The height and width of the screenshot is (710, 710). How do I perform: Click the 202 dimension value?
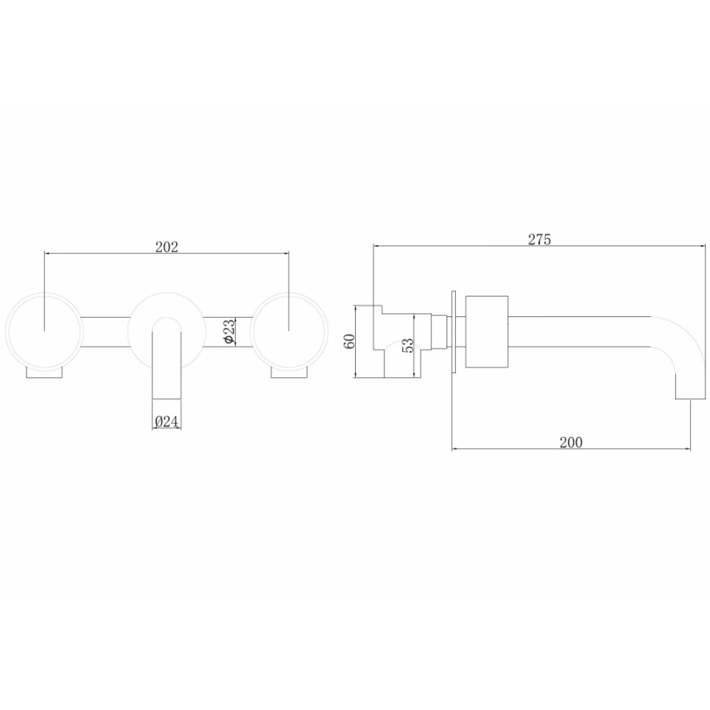(x=166, y=247)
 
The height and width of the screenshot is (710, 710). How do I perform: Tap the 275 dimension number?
(x=540, y=239)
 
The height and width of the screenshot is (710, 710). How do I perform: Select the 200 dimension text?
(x=571, y=442)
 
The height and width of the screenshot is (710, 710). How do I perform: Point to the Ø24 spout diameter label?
(x=166, y=421)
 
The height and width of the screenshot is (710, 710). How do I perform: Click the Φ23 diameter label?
(x=230, y=331)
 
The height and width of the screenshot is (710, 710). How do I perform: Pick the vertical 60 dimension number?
(x=349, y=341)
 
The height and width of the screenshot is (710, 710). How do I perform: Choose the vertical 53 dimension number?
(x=408, y=346)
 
